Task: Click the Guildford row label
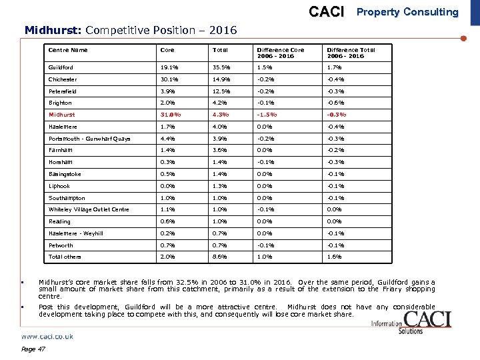(61, 67)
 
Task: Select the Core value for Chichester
(169, 79)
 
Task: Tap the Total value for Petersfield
(221, 91)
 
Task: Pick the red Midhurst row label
(62, 115)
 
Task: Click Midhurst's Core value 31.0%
(171, 115)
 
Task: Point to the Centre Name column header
(68, 50)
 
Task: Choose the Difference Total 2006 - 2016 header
(351, 53)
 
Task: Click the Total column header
(219, 50)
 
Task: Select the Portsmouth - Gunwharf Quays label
(89, 139)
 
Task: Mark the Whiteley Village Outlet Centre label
(89, 210)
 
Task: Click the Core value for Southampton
(168, 198)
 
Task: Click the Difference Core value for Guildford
(265, 67)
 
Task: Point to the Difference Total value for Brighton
(335, 103)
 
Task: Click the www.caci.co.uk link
(47, 337)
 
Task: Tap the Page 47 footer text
(33, 349)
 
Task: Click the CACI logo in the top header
(327, 12)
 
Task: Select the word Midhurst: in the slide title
(53, 30)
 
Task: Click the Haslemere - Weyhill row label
(75, 233)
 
